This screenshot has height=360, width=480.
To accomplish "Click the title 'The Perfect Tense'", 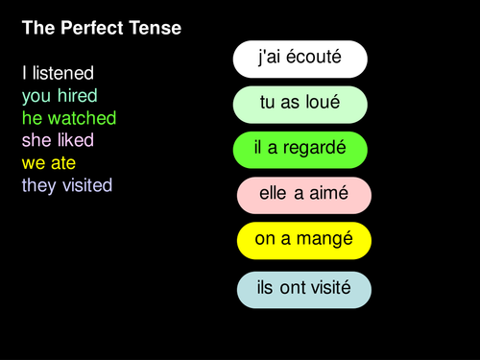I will coord(101,30).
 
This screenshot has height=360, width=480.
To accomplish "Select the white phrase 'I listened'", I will coord(58,73).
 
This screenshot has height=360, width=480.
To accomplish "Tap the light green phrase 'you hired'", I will coord(60,96).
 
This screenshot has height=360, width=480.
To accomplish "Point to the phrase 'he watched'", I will coord(69,118).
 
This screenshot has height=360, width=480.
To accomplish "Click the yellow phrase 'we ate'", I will coord(49,163).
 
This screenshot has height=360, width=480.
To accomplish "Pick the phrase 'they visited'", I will coord(67,185).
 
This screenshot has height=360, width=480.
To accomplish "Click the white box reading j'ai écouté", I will coord(300,59).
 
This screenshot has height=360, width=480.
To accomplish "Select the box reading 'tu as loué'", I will coord(300,104).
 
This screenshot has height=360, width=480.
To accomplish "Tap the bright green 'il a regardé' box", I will coord(300,149).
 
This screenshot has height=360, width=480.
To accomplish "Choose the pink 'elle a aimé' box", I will coord(304,195).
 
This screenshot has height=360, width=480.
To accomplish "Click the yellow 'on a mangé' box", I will coord(304,240).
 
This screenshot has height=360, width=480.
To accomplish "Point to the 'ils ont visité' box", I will coord(304,288).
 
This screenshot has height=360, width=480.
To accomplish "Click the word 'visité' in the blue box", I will coord(328,288).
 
